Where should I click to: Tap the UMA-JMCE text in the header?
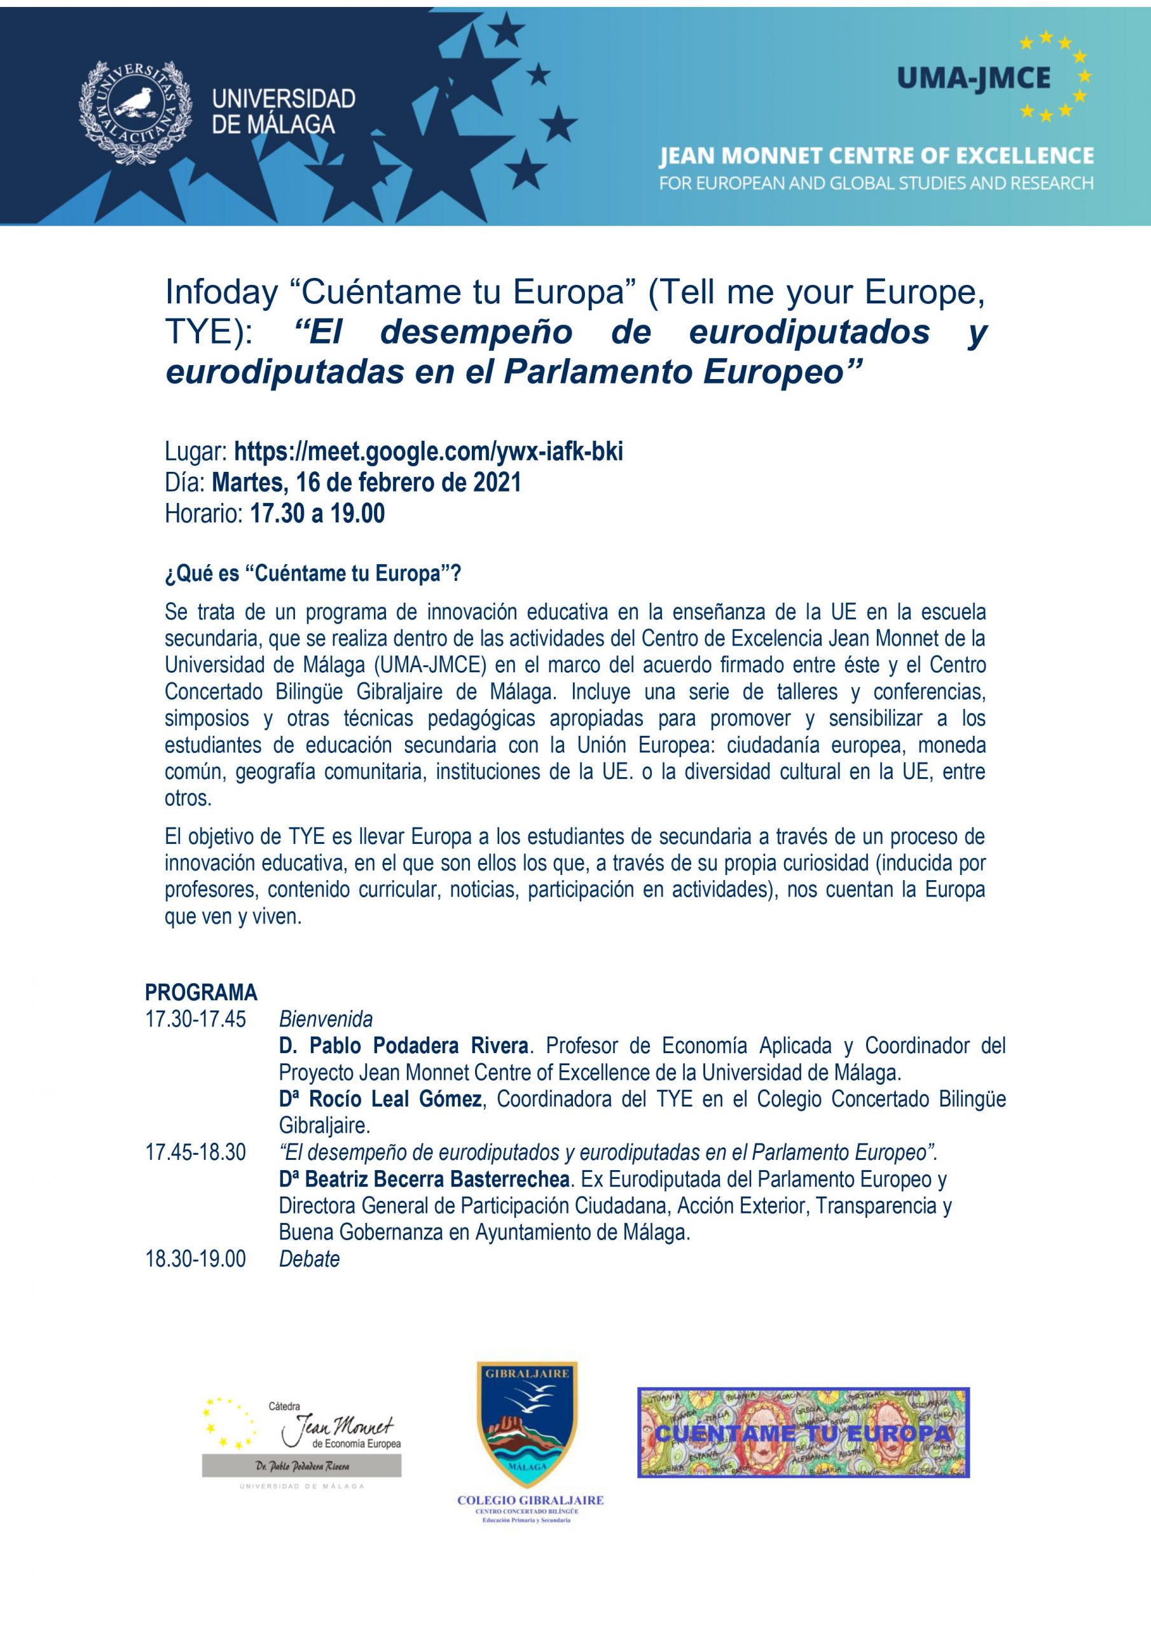973,78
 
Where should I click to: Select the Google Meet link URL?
429,452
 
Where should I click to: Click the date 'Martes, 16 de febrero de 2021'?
367,482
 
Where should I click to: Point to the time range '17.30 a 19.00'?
317,513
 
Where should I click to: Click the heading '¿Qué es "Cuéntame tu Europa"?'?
313,574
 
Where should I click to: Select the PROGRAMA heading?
201,992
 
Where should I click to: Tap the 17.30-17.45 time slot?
196,1019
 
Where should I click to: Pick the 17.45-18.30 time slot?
196,1153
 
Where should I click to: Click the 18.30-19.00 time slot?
196,1259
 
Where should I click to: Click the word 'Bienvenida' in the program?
326,1019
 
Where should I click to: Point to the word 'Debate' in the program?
309,1259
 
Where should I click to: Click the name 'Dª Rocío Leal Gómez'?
380,1100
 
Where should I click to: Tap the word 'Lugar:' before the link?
196,452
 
